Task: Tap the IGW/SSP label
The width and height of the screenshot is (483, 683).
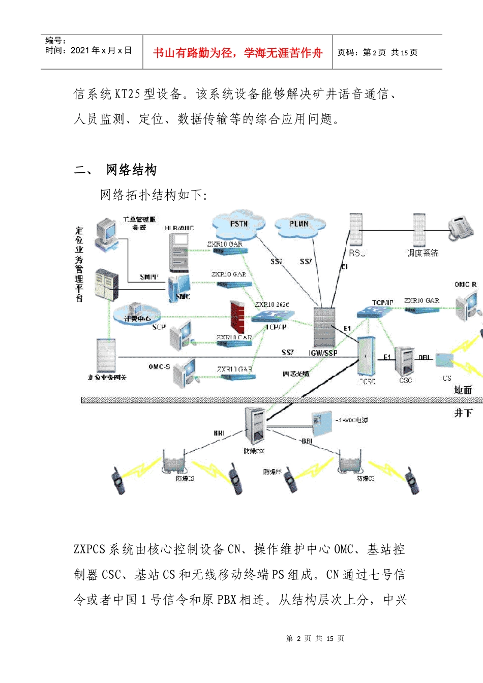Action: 323,353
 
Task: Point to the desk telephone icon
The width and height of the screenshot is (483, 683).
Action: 461,228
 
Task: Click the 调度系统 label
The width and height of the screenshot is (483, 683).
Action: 422,253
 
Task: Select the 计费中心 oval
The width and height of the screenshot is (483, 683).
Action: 137,317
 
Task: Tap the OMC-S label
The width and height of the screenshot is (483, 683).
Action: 159,366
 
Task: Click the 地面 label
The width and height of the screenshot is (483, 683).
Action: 463,390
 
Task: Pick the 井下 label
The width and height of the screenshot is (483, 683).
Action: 463,413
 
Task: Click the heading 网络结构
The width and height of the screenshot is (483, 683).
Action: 131,170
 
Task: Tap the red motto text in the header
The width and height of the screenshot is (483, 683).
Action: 237,53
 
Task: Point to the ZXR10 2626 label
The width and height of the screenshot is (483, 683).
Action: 272,304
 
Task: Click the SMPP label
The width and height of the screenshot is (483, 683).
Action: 149,277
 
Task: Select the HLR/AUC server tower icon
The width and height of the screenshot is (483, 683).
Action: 179,252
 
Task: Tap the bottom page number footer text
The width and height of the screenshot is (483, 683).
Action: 315,638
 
